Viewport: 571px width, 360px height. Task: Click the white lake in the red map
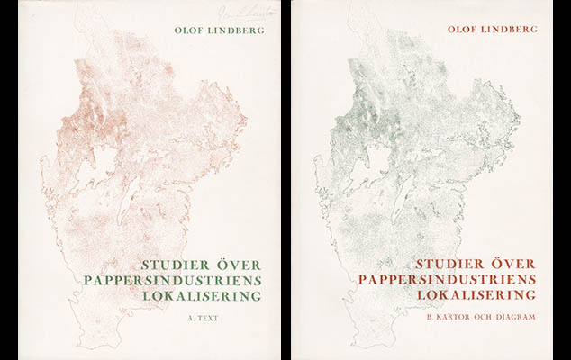coord(104,163)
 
